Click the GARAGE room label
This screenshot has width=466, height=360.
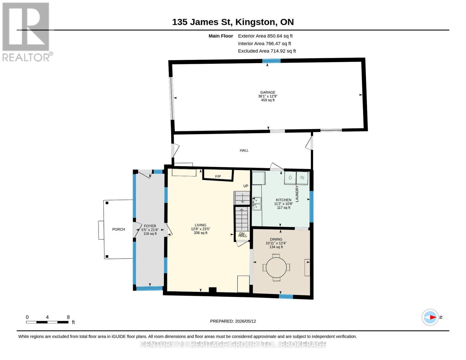pos(267,92)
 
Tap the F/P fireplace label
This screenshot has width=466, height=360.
pos(218,176)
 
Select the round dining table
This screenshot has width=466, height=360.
pos(276,267)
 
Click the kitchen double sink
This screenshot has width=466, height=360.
pos(257,204)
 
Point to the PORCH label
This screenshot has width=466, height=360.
pos(119,229)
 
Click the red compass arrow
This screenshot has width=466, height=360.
pos(433,317)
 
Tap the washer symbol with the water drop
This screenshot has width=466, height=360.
pos(290,178)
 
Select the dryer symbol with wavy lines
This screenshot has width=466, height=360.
pos(302,178)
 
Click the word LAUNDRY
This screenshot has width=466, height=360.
pos(297,194)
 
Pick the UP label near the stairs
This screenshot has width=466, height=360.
pos(245,186)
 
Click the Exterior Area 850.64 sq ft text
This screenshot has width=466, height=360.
pos(265,36)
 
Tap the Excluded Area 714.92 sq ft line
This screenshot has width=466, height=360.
pos(267,51)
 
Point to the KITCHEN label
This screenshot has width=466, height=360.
pos(284,200)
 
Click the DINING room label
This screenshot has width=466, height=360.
pos(276,239)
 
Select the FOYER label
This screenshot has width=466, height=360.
pos(150,226)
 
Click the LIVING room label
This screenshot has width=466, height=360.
pos(200,225)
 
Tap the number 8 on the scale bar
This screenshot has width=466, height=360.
pos(68,317)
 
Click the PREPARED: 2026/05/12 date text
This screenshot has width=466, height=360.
pos(233,321)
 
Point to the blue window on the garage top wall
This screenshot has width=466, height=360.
pos(271,61)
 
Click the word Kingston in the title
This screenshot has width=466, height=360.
pos(255,22)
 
